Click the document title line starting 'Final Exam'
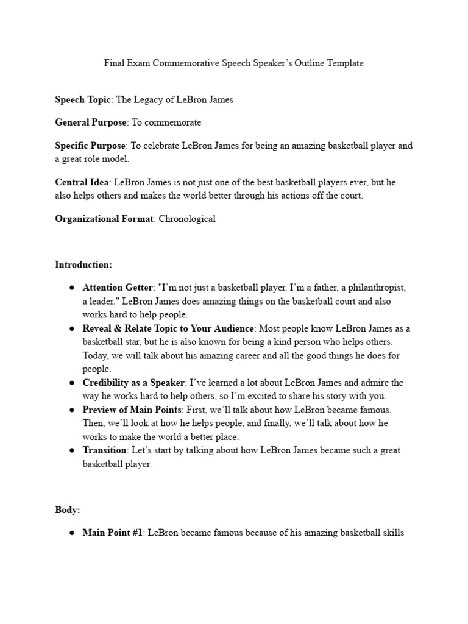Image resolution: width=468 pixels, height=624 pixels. [233, 63]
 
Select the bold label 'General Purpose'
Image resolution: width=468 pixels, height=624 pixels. [91, 122]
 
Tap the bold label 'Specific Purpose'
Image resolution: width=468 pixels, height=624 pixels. [90, 146]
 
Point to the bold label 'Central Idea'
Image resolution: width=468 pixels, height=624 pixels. [82, 182]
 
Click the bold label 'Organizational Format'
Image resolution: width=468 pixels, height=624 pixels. [104, 219]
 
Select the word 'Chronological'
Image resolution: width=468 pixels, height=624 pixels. [187, 219]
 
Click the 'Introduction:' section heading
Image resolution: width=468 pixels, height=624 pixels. [83, 264]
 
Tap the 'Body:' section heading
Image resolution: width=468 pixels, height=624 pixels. [68, 509]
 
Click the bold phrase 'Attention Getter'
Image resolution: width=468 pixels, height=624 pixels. [118, 288]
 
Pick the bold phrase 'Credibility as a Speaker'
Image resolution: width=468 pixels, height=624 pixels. [133, 383]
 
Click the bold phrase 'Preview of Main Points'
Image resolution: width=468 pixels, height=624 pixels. [131, 409]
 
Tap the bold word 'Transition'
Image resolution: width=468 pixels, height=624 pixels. [105, 450]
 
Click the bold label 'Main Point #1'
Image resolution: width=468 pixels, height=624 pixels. [112, 533]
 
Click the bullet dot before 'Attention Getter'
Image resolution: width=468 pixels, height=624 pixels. [72, 288]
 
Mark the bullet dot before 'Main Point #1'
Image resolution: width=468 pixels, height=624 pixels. [72, 533]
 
